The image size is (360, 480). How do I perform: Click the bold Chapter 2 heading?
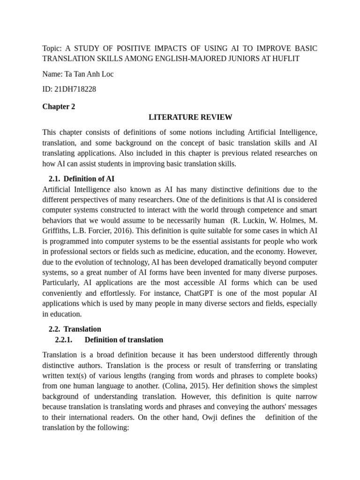click(x=59, y=106)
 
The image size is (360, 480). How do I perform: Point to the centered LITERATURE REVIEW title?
click(x=190, y=117)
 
